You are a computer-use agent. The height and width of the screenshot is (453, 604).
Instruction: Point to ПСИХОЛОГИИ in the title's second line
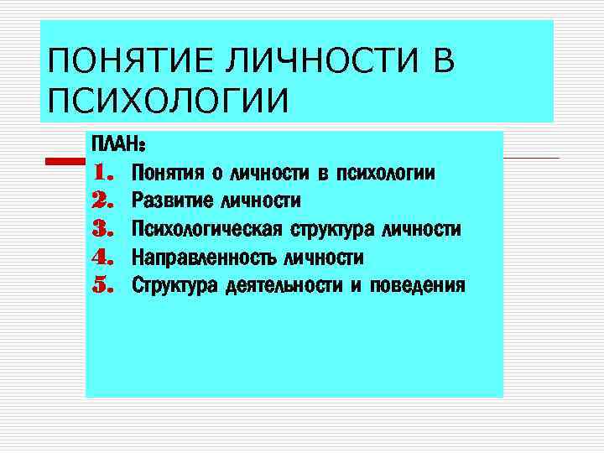click(168, 102)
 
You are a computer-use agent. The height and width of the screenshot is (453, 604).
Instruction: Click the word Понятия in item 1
click(169, 174)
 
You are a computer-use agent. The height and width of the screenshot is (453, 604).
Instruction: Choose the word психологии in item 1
click(384, 174)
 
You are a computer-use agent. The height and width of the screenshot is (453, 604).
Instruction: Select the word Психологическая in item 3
click(207, 229)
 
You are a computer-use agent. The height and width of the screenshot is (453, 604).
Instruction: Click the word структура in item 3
click(332, 229)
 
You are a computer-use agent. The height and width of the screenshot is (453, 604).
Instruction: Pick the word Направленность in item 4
click(204, 257)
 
